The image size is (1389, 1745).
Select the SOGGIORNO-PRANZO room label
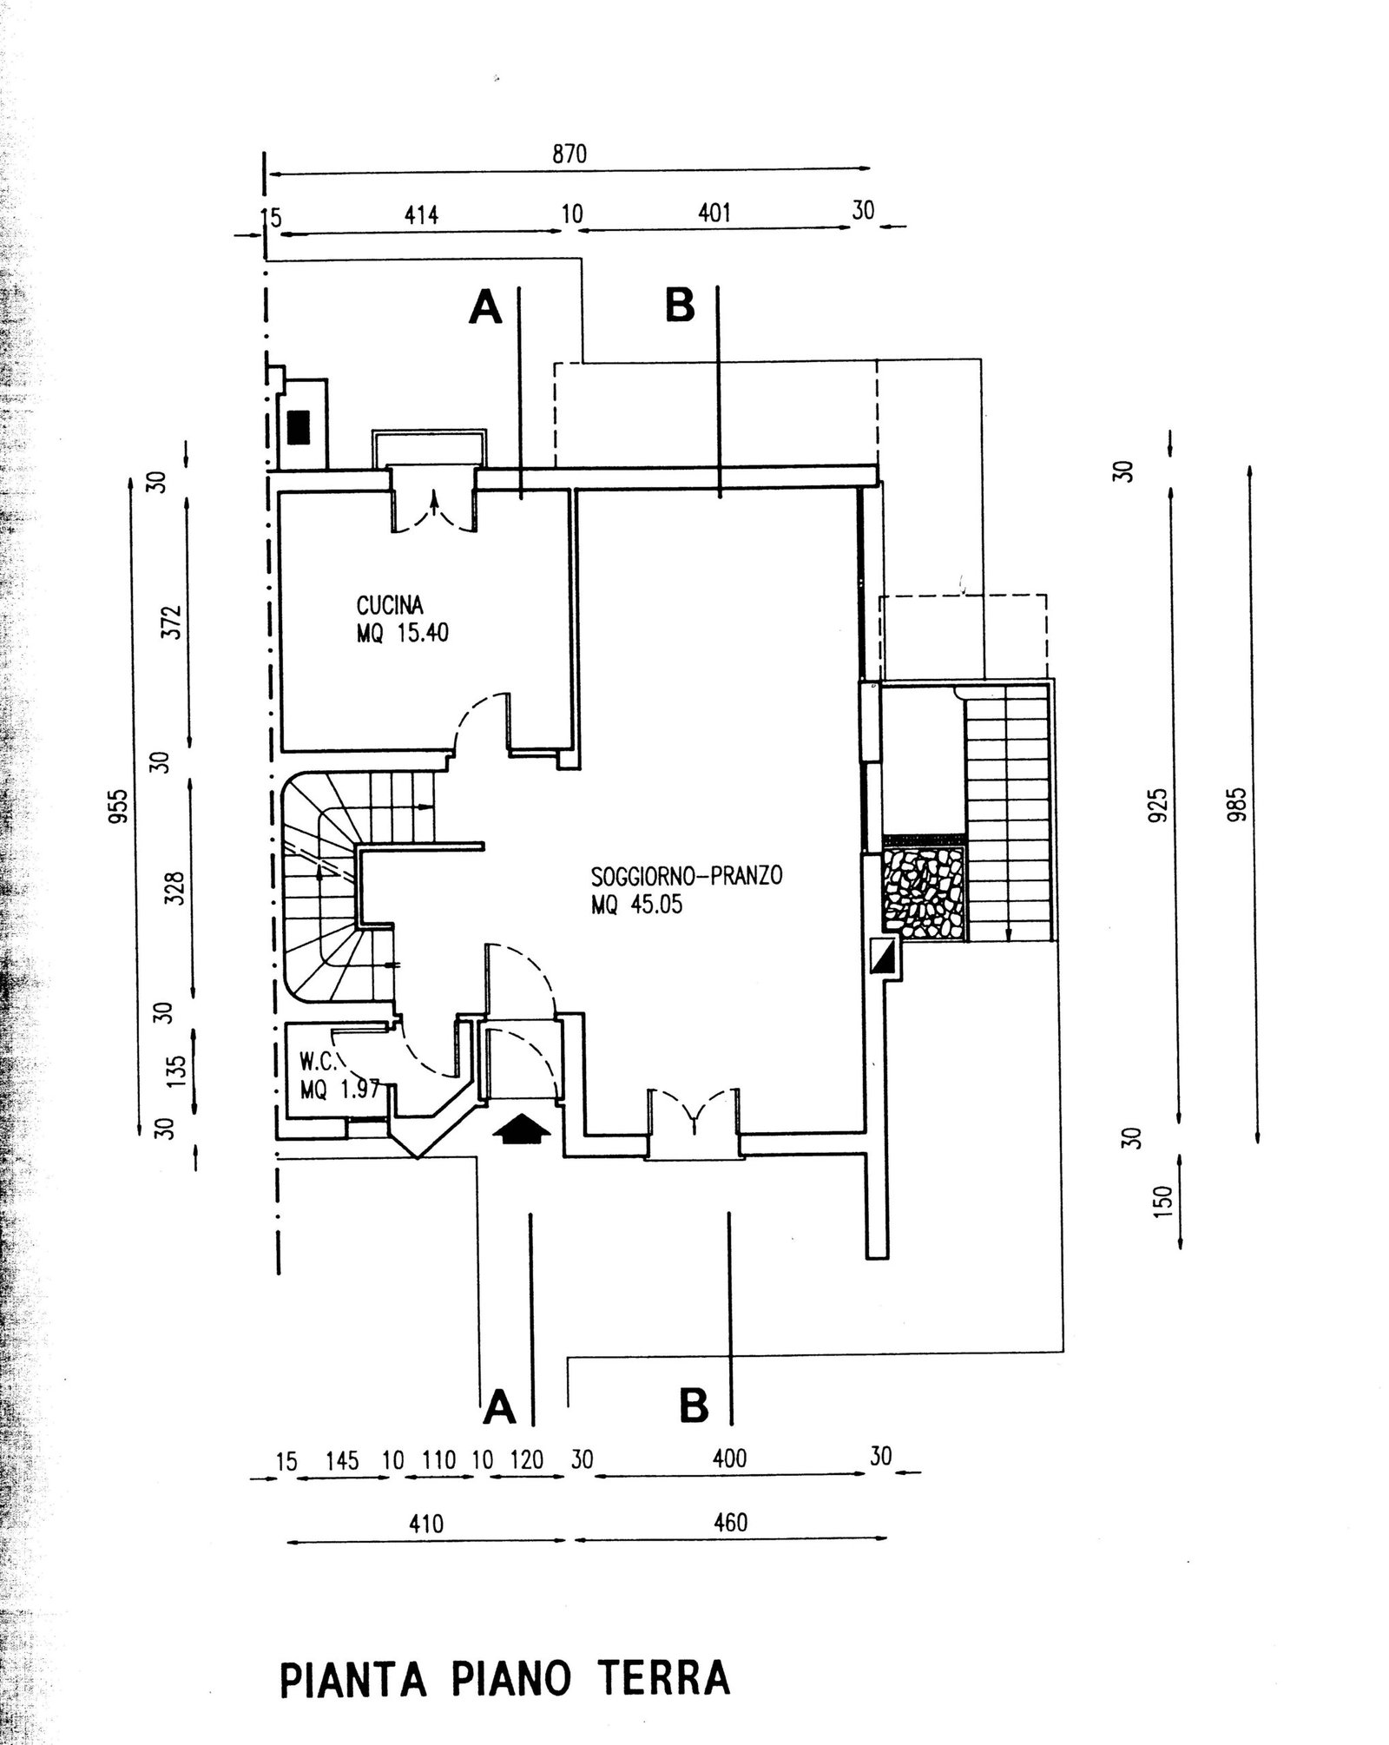687,875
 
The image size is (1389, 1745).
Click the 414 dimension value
422,214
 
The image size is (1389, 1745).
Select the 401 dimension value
714,213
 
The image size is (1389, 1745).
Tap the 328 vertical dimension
176,888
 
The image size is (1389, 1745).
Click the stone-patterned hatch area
925,891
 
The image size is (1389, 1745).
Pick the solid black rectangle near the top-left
300,427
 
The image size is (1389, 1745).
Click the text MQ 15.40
402,633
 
